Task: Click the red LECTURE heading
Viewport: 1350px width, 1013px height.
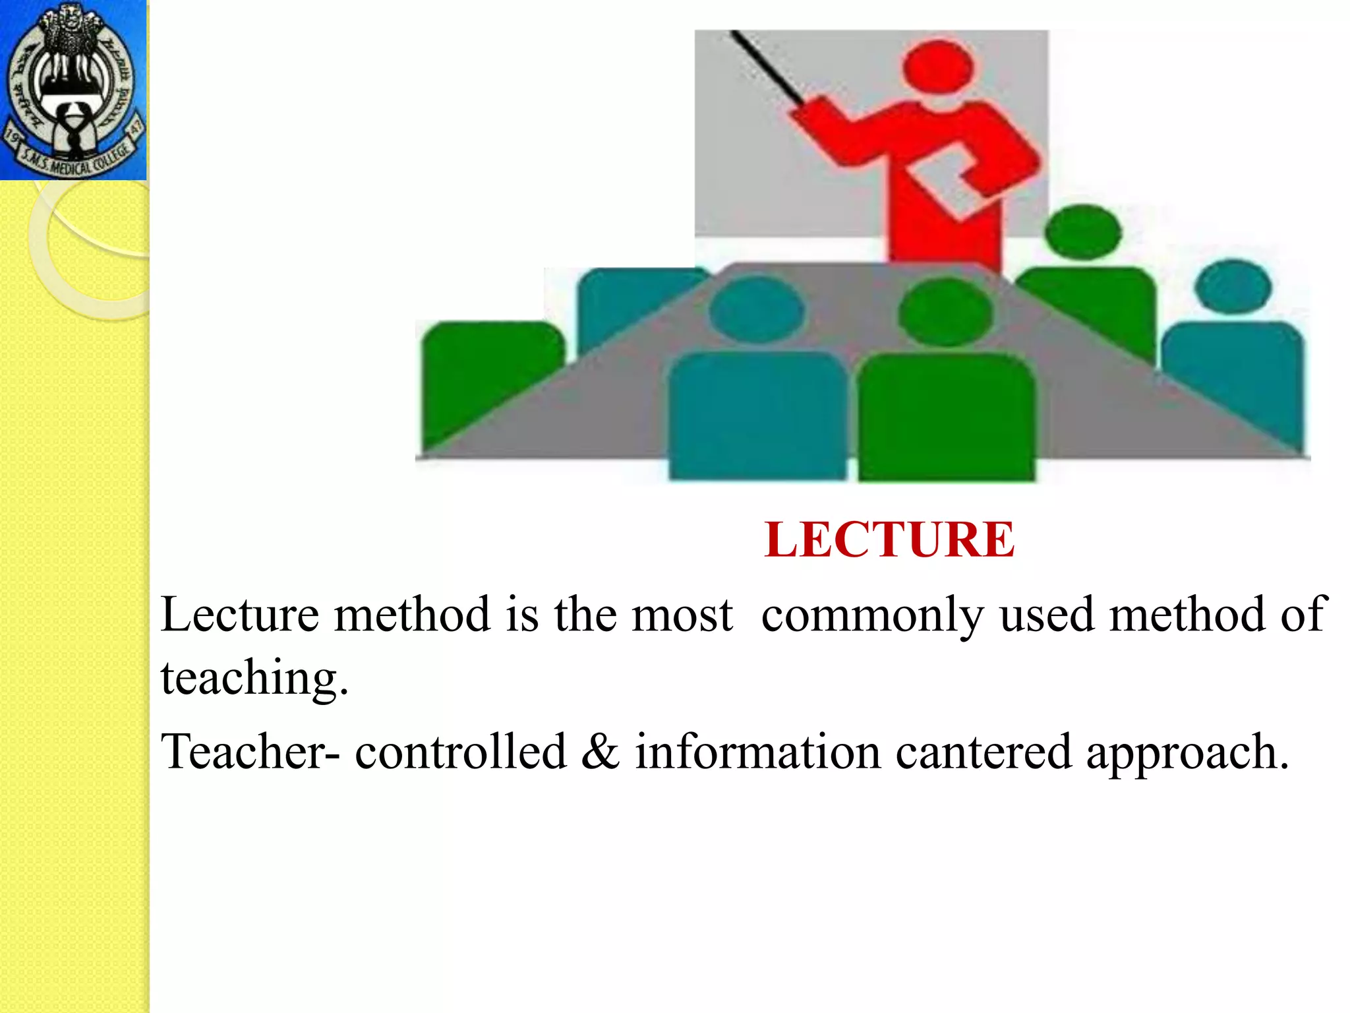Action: [x=889, y=539]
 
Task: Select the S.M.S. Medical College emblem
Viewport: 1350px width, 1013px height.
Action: [x=73, y=90]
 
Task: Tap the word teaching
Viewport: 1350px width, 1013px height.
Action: [x=254, y=678]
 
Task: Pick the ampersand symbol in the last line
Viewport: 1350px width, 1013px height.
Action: [x=601, y=752]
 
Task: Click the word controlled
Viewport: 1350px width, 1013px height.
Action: [x=461, y=752]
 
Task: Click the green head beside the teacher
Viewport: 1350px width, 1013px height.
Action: [x=1082, y=231]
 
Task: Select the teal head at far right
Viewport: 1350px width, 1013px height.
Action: [x=1233, y=286]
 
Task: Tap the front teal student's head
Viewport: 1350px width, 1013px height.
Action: [x=757, y=309]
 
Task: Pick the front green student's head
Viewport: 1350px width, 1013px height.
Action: [x=945, y=312]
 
